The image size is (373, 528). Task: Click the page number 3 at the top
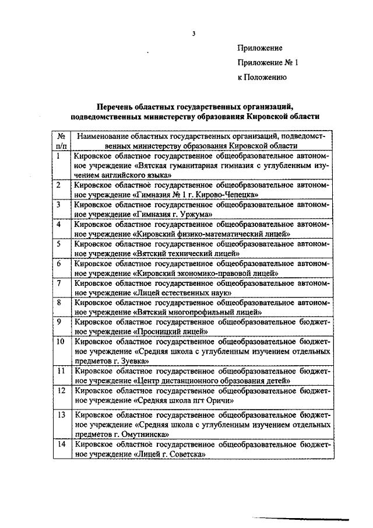(193, 33)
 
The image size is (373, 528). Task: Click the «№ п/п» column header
(60, 141)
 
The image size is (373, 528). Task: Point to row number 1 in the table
(59, 156)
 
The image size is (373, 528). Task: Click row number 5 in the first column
(59, 244)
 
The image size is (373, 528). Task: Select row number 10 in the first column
(60, 341)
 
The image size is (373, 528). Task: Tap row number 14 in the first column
(60, 445)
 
